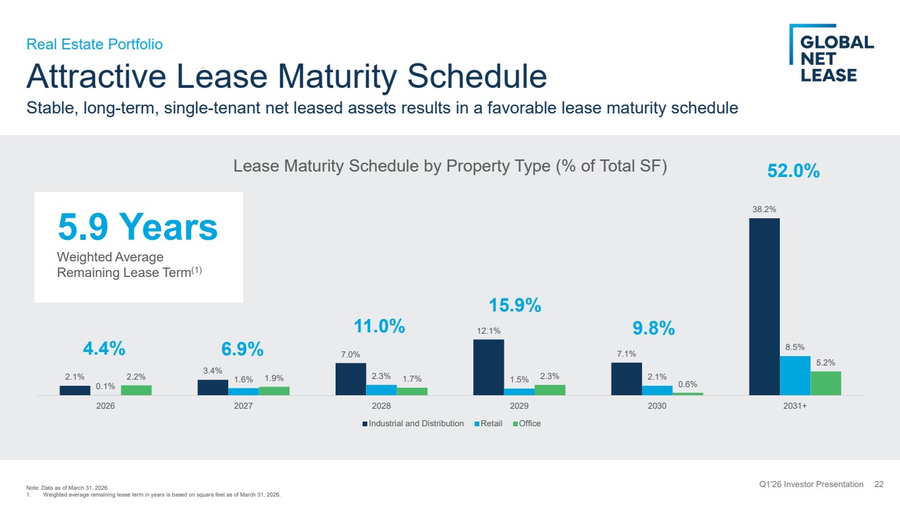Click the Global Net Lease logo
click(831, 53)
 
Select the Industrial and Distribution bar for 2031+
click(764, 307)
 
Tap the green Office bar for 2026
click(136, 390)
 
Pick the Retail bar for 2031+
click(795, 376)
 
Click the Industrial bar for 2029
click(489, 368)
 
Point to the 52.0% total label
click(793, 171)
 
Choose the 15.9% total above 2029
click(514, 305)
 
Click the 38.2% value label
click(764, 209)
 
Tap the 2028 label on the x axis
click(381, 406)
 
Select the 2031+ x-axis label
click(795, 406)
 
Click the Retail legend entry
click(488, 423)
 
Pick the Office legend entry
click(527, 423)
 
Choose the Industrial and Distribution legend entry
click(413, 423)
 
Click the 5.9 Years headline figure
click(138, 227)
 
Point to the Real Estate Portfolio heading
click(95, 44)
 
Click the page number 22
click(878, 484)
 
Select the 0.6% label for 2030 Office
click(687, 384)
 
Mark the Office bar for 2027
click(274, 391)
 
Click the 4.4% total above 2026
click(104, 349)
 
